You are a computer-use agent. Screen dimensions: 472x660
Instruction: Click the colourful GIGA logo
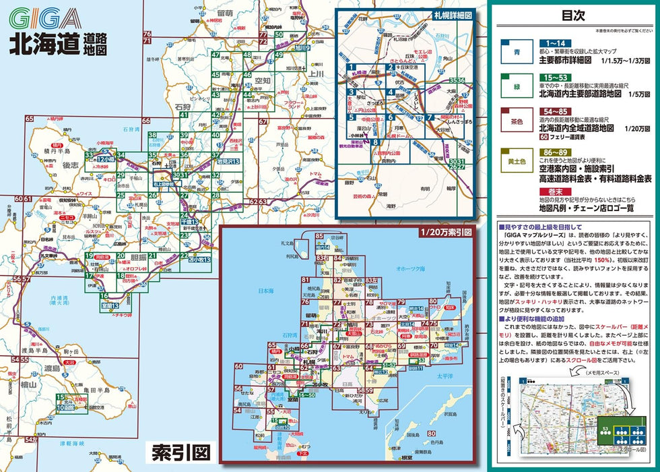pos(45,18)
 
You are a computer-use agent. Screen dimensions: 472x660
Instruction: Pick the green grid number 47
pos(216,55)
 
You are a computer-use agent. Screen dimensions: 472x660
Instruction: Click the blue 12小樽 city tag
pos(105,159)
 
